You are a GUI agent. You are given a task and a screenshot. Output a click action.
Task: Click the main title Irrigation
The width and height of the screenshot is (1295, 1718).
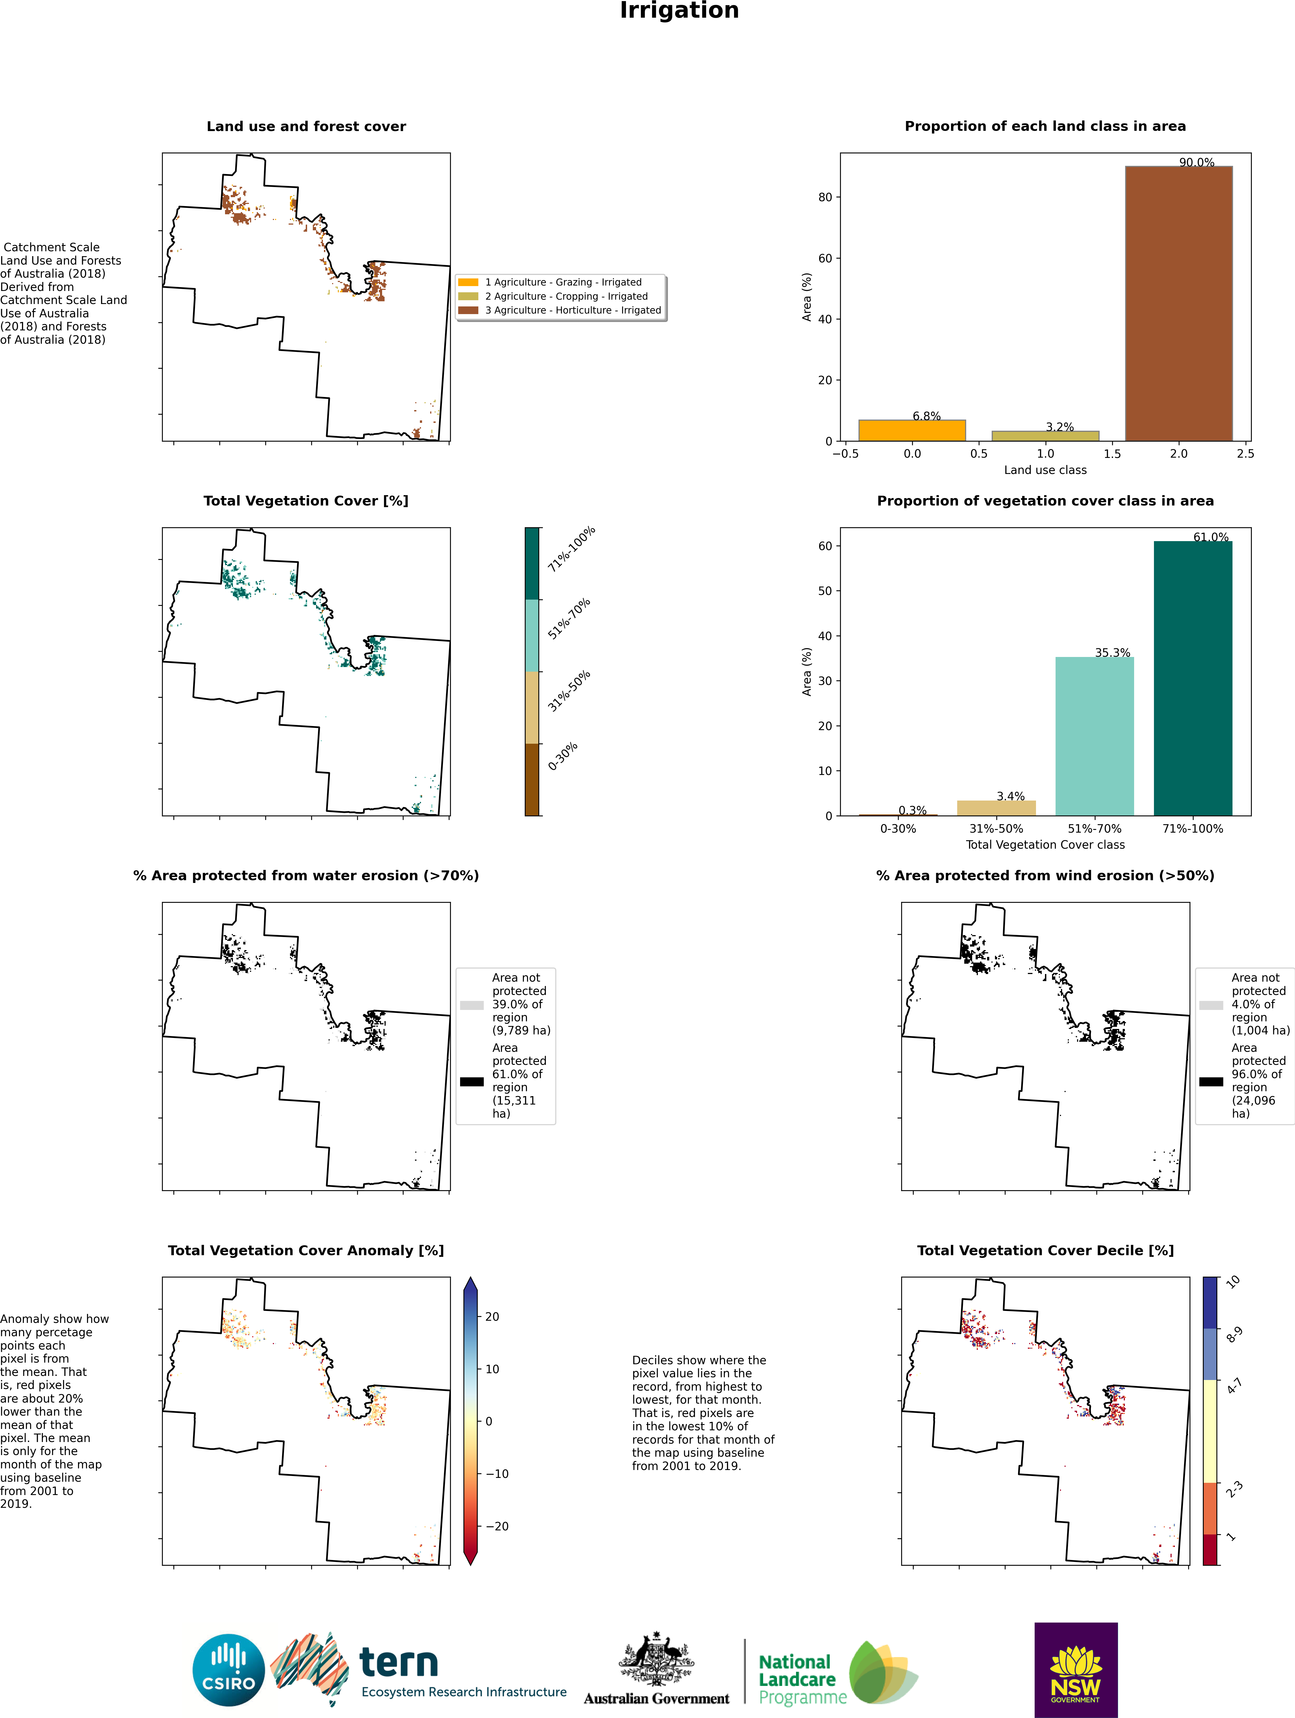(x=679, y=11)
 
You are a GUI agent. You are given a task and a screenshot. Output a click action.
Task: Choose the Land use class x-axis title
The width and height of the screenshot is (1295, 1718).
(x=1045, y=470)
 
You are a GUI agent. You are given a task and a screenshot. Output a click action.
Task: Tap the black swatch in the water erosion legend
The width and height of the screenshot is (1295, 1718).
(x=471, y=1081)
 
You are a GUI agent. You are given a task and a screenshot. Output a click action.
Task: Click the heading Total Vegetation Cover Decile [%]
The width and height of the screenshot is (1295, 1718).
(x=1045, y=1251)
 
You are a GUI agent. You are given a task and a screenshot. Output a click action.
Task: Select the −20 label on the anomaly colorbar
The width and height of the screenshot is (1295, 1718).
(x=497, y=1526)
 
